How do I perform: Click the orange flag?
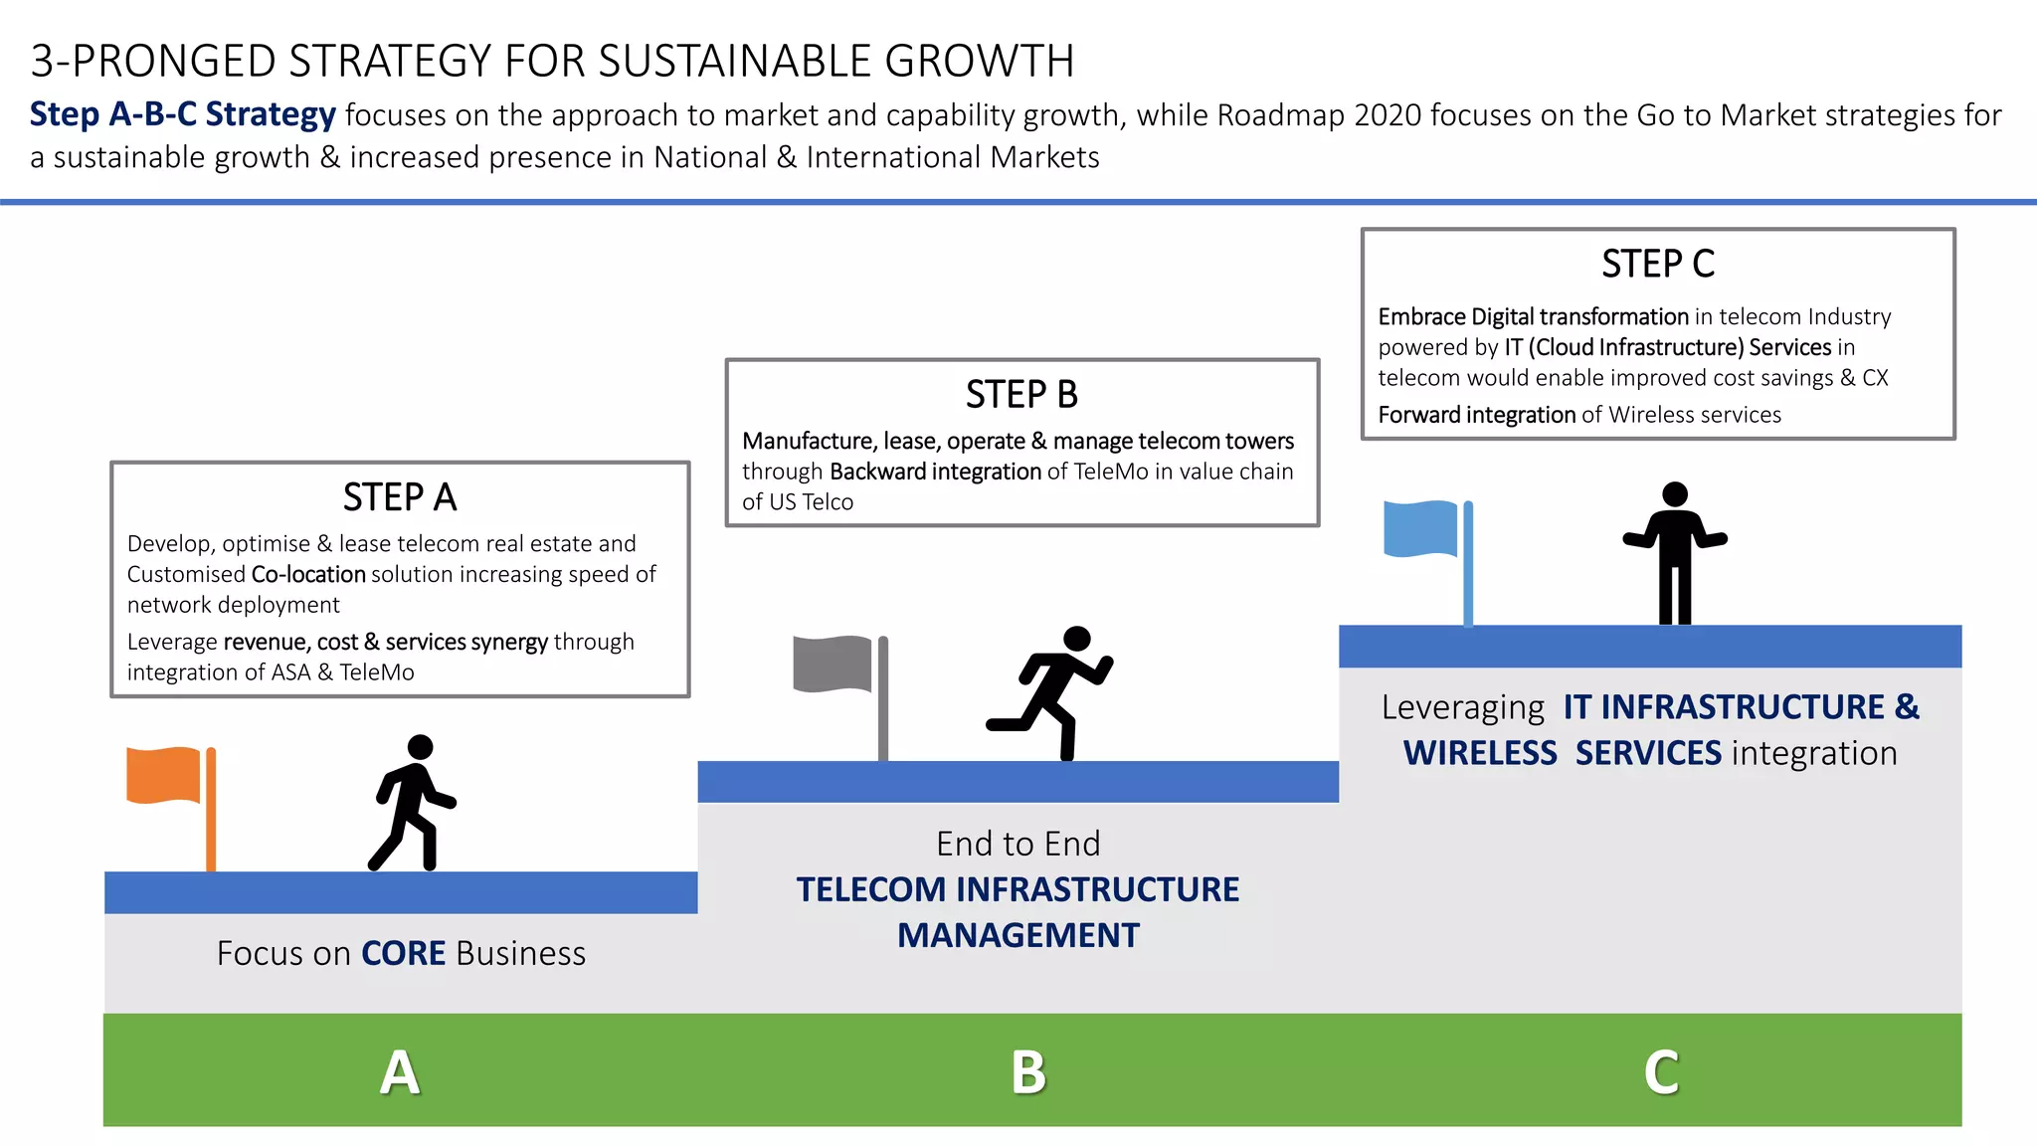165,775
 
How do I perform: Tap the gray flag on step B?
833,664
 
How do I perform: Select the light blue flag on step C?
1421,528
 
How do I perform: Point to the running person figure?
1053,692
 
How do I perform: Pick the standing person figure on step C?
1675,552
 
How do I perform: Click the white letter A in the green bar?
400,1072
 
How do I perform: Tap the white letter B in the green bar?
1028,1072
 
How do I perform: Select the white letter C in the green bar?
1661,1072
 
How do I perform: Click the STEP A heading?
400,497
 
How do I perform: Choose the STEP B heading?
1021,395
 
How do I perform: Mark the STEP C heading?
1658,265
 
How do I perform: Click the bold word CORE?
403,953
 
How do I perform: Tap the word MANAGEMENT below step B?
1018,935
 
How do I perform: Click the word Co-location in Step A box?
308,574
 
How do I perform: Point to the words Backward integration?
935,472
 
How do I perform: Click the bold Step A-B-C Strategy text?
183,114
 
